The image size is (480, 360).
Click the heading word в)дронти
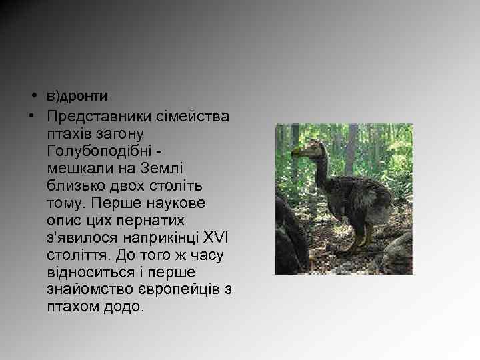click(x=77, y=96)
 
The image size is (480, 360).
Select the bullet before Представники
click(x=31, y=116)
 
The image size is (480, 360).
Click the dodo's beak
click(x=297, y=154)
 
